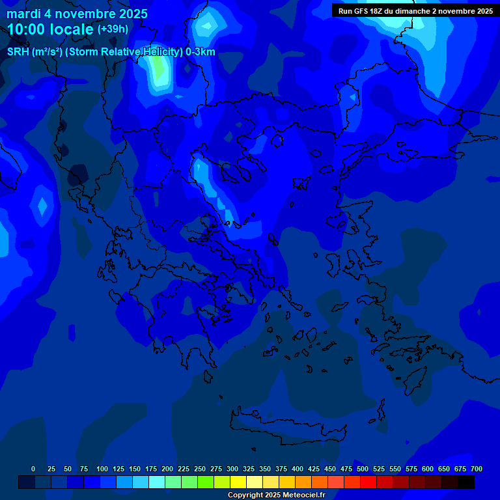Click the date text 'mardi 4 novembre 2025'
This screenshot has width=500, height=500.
pyautogui.click(x=77, y=14)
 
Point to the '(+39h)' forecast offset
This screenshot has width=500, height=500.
pyautogui.click(x=113, y=29)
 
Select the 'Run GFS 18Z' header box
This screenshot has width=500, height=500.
pyautogui.click(x=415, y=10)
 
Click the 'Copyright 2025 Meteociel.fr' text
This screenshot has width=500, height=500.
pyautogui.click(x=276, y=495)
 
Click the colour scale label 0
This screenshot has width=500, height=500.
pyautogui.click(x=33, y=469)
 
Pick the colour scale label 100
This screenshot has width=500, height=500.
pyautogui.click(x=102, y=469)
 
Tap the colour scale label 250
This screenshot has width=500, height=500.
pyautogui.click(x=200, y=469)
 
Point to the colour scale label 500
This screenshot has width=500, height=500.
pyautogui.click(x=363, y=469)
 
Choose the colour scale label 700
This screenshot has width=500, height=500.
pyautogui.click(x=477, y=469)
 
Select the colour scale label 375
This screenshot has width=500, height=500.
pyautogui.click(x=281, y=469)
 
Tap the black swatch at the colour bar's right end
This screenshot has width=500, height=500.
pyautogui.click(x=466, y=482)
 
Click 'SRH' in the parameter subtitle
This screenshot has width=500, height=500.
pyautogui.click(x=18, y=52)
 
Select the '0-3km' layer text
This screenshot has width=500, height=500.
pyautogui.click(x=201, y=52)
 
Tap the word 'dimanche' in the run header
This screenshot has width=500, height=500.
pyautogui.click(x=408, y=10)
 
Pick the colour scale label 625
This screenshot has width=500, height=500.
pyautogui.click(x=411, y=469)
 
